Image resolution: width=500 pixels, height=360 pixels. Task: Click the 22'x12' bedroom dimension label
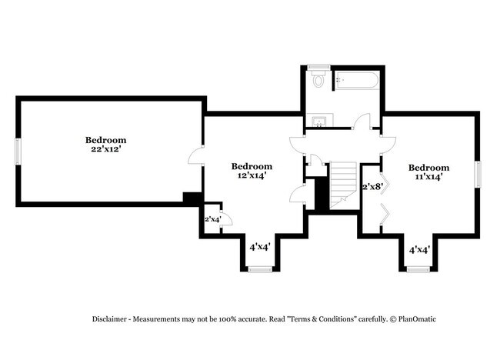pyautogui.click(x=105, y=150)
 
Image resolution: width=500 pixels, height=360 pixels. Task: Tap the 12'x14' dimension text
pyautogui.click(x=252, y=176)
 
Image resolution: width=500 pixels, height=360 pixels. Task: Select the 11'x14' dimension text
pyautogui.click(x=428, y=178)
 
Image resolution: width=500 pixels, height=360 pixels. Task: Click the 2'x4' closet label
pyautogui.click(x=213, y=220)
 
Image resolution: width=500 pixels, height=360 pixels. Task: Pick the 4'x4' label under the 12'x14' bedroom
pyautogui.click(x=260, y=247)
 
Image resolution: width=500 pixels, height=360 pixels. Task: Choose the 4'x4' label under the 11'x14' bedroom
pyautogui.click(x=418, y=249)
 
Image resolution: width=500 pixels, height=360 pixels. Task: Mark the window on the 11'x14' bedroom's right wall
pyautogui.click(x=478, y=173)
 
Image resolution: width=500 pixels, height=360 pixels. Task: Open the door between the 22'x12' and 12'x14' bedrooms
pyautogui.click(x=196, y=156)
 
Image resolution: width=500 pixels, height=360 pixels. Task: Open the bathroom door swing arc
pyautogui.click(x=363, y=121)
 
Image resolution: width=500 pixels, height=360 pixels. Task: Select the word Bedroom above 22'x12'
pyautogui.click(x=105, y=140)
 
